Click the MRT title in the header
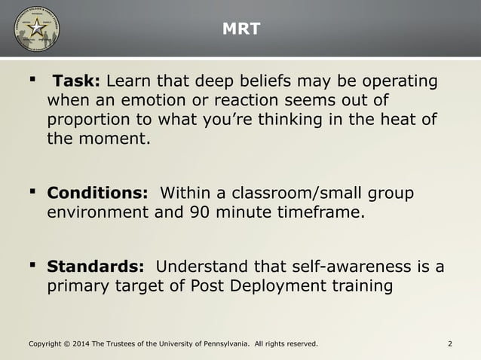tap(240, 29)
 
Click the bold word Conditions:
tap(97, 193)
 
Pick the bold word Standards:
tap(96, 267)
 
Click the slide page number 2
tap(449, 344)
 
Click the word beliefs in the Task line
tap(257, 81)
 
